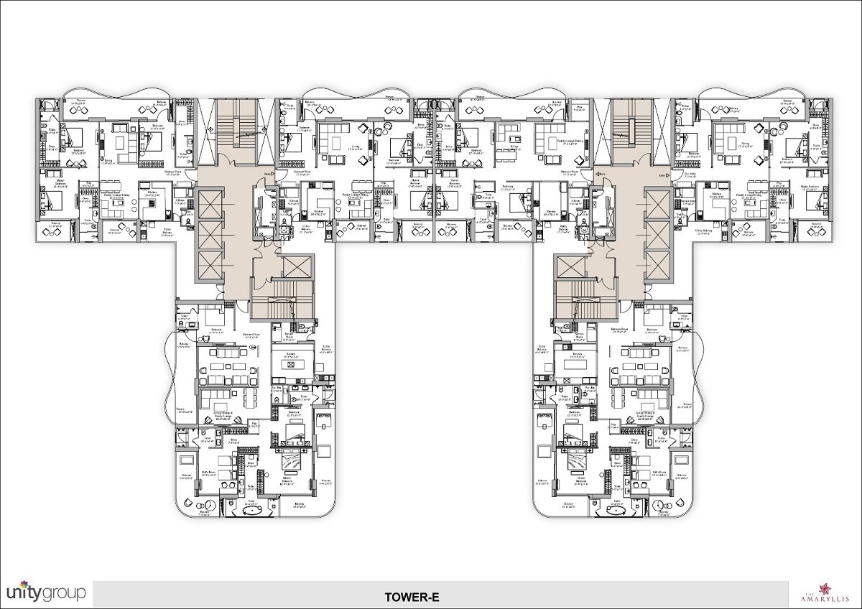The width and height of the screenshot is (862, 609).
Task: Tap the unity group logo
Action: tap(46, 592)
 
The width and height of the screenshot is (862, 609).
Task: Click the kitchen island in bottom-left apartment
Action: tap(290, 366)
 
